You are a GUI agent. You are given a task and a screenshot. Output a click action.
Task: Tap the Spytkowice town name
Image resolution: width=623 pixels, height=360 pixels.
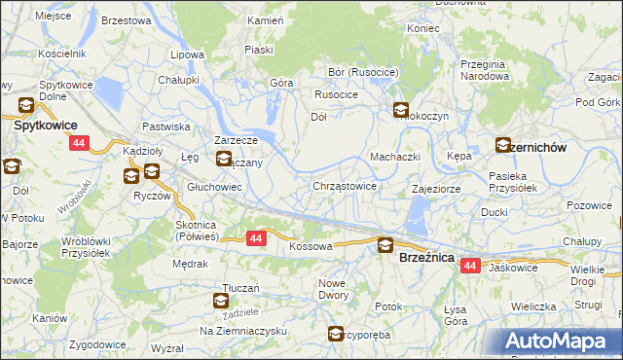45,126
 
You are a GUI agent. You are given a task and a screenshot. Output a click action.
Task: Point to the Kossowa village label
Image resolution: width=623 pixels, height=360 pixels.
311,247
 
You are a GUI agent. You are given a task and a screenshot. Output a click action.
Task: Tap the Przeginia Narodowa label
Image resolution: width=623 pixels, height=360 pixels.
485,69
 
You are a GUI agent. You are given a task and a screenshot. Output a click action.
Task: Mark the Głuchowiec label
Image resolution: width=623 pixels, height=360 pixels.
214,186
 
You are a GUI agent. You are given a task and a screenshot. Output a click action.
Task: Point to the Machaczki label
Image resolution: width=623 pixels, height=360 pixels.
394,157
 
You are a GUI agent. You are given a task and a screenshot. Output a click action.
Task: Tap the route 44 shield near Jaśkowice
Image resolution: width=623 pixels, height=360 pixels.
471,266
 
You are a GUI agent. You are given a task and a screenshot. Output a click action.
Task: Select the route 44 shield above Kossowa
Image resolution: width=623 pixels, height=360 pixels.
256,237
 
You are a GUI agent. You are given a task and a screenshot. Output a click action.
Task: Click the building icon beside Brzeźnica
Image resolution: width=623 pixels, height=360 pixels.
385,246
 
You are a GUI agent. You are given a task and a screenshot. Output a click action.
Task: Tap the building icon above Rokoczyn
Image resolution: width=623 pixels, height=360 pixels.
400,111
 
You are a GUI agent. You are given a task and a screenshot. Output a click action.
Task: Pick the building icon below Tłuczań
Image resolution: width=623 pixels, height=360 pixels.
221,302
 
